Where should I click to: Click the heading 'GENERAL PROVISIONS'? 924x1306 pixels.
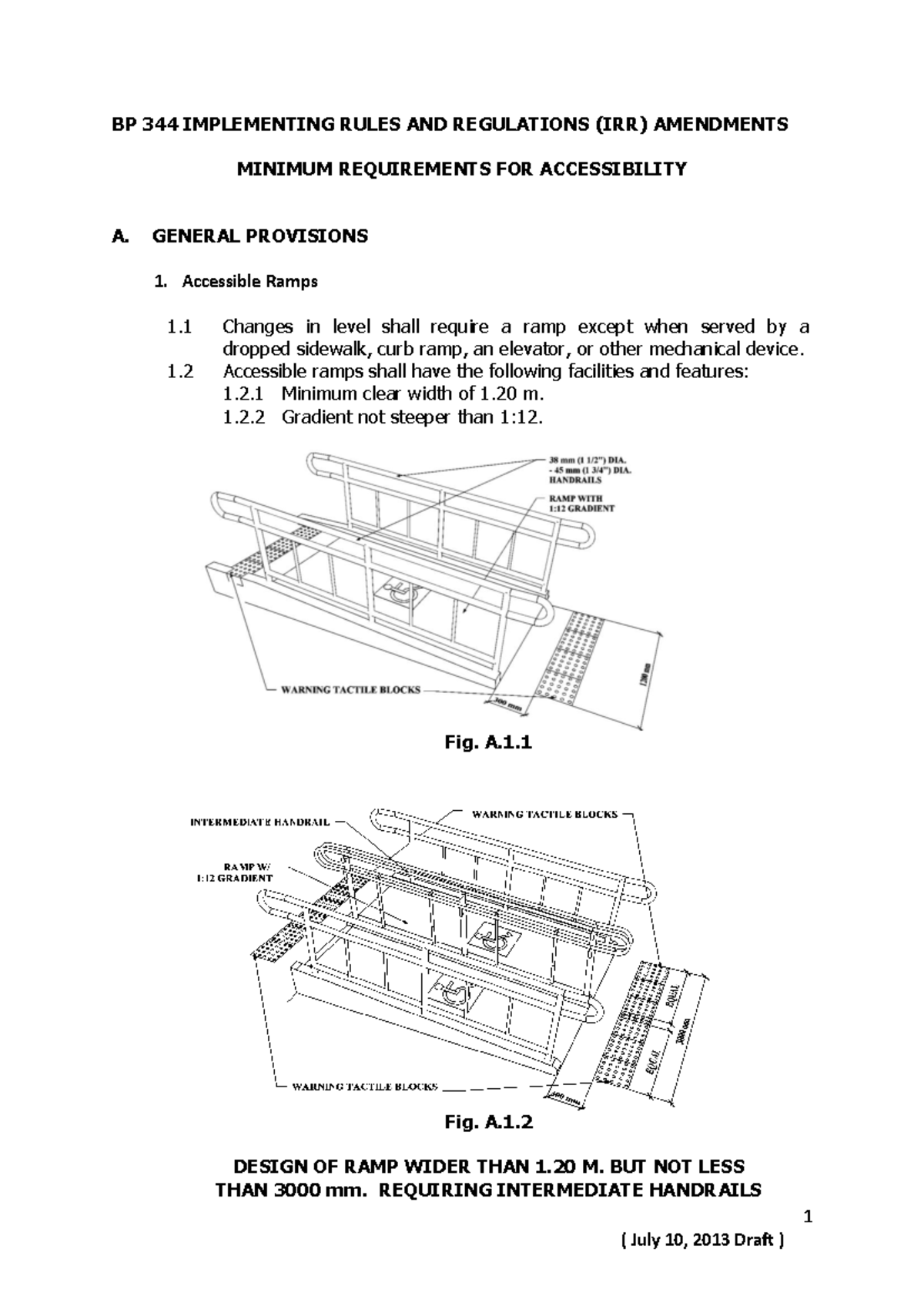point(259,236)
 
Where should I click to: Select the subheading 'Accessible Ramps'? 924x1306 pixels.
point(249,281)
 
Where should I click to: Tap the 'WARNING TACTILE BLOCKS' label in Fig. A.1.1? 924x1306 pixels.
point(350,689)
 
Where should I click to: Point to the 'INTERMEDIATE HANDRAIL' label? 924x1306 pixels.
point(259,822)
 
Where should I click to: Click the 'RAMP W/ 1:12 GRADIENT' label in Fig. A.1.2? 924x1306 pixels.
point(233,872)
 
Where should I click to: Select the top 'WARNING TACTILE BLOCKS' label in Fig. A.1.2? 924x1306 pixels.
point(544,814)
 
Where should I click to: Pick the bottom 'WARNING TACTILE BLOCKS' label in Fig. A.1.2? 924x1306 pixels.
point(364,1087)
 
